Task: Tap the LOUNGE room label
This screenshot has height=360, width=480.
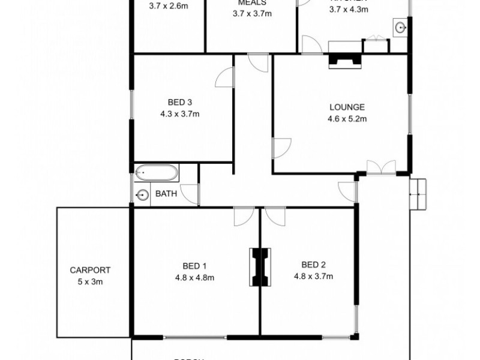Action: (347, 107)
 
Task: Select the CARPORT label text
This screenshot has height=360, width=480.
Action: (90, 270)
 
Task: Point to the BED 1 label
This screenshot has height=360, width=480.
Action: (194, 266)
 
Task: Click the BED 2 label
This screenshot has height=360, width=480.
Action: (313, 265)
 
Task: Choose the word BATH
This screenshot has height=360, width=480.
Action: (166, 194)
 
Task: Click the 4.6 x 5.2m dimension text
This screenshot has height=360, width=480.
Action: (347, 119)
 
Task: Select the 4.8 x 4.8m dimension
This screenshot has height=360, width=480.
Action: (194, 277)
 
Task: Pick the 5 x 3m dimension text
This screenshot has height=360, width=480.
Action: (90, 281)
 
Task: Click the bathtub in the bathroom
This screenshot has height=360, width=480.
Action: (156, 174)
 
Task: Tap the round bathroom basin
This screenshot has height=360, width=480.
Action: (142, 194)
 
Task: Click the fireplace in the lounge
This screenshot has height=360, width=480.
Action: (344, 61)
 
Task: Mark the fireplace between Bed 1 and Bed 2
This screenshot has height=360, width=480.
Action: (260, 268)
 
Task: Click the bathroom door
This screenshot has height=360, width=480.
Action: (190, 193)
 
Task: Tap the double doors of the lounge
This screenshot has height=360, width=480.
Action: (381, 167)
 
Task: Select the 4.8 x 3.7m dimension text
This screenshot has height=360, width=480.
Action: (313, 276)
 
